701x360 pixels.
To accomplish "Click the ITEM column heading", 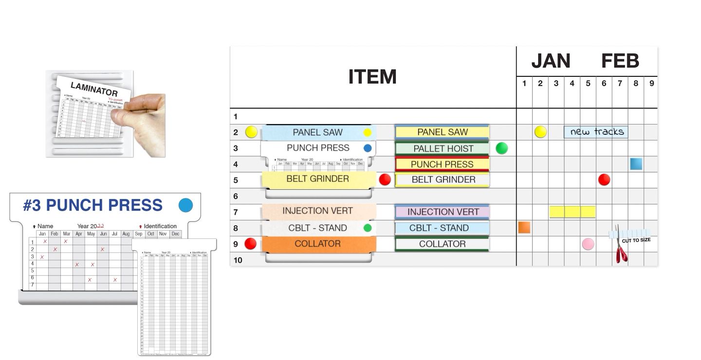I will tap(372, 77).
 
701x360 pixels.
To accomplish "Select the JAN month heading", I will tap(551, 61).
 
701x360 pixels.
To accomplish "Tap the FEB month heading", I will tap(620, 61).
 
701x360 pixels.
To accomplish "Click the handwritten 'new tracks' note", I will tap(596, 132).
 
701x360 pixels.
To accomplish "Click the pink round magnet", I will tap(588, 244).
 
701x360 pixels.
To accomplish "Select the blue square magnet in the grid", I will tap(636, 164).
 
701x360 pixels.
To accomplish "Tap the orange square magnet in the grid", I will tap(524, 227).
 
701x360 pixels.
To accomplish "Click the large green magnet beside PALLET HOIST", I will tap(501, 148).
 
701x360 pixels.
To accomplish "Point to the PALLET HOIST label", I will tap(443, 148).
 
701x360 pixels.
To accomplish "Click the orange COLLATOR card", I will tap(318, 244).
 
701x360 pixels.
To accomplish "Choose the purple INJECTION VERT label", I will tap(443, 212).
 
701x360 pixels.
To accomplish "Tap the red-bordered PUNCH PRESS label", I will tap(442, 164).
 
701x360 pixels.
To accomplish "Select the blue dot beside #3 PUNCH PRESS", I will tap(186, 205).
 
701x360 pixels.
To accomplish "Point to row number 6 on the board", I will tap(236, 196).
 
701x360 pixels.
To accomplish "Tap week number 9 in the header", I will tap(651, 84).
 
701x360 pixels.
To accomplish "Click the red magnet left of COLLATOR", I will tap(250, 244).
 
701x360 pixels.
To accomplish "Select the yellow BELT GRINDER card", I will tap(317, 179).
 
